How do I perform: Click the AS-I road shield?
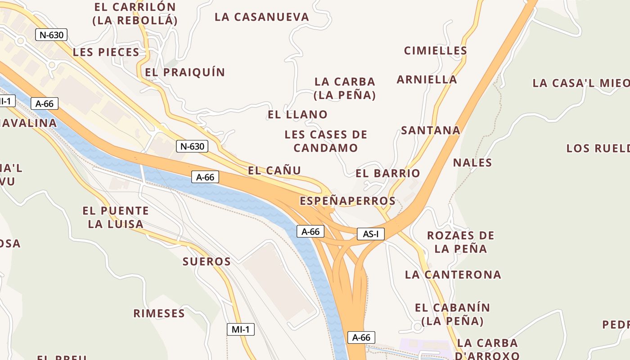tap(371, 234)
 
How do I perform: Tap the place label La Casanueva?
tap(262, 17)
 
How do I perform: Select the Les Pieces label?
tap(106, 52)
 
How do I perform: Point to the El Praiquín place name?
tap(185, 72)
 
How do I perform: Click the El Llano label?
tap(297, 114)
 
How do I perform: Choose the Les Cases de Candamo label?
tap(326, 141)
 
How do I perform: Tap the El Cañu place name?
tap(274, 171)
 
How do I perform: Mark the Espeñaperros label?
tap(348, 201)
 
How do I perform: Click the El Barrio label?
tap(388, 173)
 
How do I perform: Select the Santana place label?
tap(431, 130)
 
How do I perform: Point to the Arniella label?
tap(427, 80)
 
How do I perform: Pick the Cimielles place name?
tap(436, 50)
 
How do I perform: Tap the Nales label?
tap(472, 162)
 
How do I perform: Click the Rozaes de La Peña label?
tap(461, 242)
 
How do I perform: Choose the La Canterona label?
tap(453, 274)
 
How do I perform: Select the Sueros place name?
tap(207, 261)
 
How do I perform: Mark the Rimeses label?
tap(159, 313)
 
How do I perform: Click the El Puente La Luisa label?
tap(116, 217)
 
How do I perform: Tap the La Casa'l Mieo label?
tap(580, 83)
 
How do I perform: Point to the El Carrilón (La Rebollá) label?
tap(135, 13)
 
